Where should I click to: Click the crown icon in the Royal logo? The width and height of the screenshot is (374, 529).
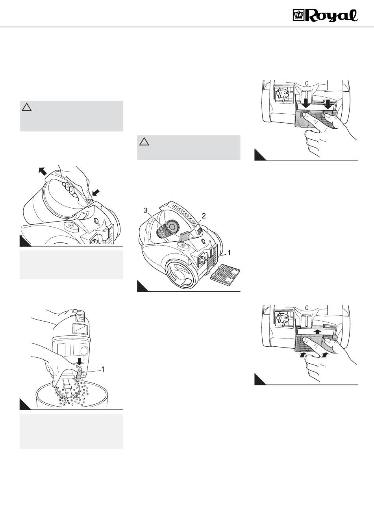point(298,15)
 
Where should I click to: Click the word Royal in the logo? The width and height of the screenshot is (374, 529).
point(331,16)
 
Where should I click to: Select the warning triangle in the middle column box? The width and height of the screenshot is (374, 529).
point(144,142)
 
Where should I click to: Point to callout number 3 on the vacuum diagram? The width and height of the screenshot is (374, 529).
point(146,211)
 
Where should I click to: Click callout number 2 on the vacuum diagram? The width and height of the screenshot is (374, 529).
point(204,216)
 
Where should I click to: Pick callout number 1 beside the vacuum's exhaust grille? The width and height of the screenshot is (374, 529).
point(229,253)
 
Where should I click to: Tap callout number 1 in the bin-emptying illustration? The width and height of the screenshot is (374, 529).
point(103,369)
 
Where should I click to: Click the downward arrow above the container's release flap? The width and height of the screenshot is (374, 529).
point(80,361)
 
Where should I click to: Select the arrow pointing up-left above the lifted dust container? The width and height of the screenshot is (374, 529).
point(43,171)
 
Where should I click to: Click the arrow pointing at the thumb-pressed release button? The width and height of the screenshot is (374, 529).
point(96,192)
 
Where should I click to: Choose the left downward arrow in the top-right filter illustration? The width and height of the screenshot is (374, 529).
point(306,104)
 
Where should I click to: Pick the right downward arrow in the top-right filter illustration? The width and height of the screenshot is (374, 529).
point(328,104)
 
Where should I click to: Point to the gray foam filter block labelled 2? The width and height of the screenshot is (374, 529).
point(186,237)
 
